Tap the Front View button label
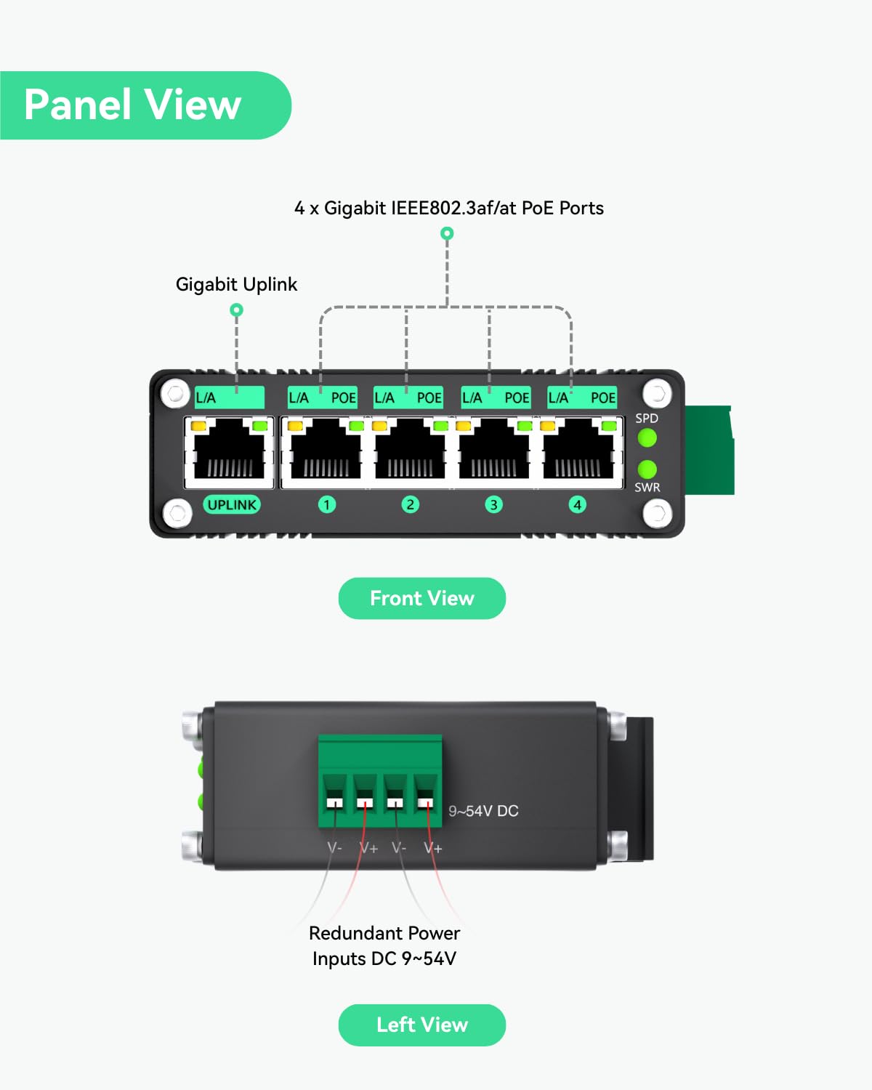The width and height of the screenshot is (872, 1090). [x=421, y=598]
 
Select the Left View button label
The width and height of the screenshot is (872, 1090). [x=421, y=1025]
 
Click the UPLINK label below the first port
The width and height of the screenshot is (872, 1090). [x=232, y=504]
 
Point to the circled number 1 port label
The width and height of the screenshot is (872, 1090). [x=327, y=504]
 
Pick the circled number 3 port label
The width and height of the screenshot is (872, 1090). [x=494, y=504]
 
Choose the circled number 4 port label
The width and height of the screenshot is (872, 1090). [x=578, y=504]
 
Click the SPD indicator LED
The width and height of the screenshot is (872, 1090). [x=647, y=437]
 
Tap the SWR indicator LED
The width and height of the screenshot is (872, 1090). [x=647, y=469]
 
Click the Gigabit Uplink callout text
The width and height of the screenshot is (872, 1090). [x=236, y=284]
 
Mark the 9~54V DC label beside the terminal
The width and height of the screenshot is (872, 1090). [x=483, y=811]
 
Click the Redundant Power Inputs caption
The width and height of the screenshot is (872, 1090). [x=384, y=945]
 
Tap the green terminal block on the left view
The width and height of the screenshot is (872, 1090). [x=379, y=781]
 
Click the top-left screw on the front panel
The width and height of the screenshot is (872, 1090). [x=175, y=393]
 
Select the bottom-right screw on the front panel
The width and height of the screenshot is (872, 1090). [x=657, y=514]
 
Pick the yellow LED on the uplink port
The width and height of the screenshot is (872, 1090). [x=198, y=426]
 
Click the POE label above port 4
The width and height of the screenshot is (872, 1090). [x=602, y=397]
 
